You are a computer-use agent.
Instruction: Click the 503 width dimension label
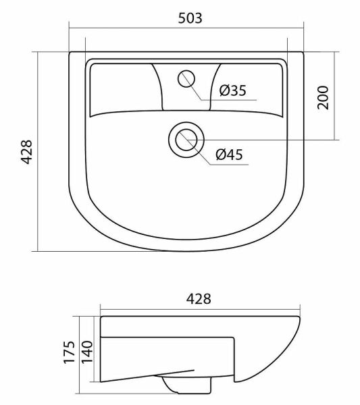pyautogui.click(x=190, y=18)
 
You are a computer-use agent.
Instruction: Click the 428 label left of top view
pyautogui.click(x=26, y=152)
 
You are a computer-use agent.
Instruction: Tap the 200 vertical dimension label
pyautogui.click(x=323, y=98)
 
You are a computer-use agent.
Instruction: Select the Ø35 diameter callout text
pyautogui.click(x=233, y=90)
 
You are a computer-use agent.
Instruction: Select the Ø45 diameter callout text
pyautogui.click(x=229, y=155)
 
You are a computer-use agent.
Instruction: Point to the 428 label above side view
pyautogui.click(x=199, y=299)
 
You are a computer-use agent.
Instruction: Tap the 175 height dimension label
pyautogui.click(x=70, y=352)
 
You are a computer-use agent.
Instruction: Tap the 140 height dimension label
pyautogui.click(x=87, y=352)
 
